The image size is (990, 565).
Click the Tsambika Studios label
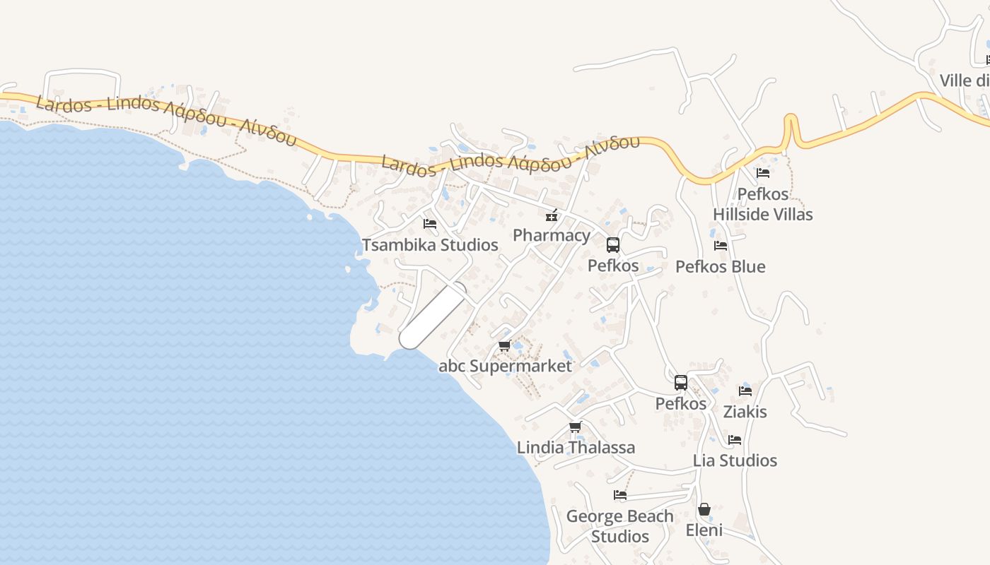pos(430,245)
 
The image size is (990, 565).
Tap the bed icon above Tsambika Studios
pos(430,224)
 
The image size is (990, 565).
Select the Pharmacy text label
pos(552,235)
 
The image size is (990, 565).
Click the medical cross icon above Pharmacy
pos(552,215)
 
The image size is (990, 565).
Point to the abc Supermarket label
pos(505,366)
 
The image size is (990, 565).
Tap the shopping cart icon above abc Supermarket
pos(504,345)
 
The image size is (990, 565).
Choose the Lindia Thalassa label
pos(576,447)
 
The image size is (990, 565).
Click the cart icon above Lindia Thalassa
pos(576,427)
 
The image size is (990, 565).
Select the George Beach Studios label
pos(620,526)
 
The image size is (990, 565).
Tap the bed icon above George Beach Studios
pos(620,495)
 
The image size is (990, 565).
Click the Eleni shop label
pos(704,530)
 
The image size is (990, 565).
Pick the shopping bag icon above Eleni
pos(704,509)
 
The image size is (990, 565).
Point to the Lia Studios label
pos(735,460)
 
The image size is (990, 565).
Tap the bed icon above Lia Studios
pos(735,439)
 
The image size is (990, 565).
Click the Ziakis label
pos(745,411)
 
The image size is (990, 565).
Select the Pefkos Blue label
pos(720,266)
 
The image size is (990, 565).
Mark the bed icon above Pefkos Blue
pos(721,246)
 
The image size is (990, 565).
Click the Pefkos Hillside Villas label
pos(762,204)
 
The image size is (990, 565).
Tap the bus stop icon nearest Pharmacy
pos(613,245)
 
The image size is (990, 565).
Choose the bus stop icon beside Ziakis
pos(681,383)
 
